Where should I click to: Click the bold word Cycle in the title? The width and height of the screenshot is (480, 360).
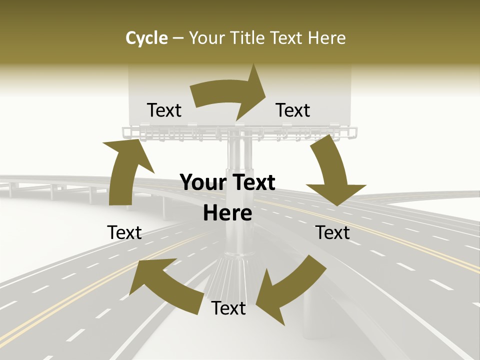click(x=146, y=38)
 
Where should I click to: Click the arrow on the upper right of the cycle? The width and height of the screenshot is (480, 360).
click(x=332, y=170)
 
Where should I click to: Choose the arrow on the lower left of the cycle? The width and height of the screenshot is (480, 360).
click(x=165, y=285)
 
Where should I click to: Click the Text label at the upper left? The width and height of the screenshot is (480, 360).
click(x=164, y=110)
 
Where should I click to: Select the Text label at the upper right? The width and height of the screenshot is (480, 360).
click(x=293, y=110)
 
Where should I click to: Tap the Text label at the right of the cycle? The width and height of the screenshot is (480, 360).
click(x=332, y=232)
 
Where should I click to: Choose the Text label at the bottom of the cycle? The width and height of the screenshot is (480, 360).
click(x=228, y=308)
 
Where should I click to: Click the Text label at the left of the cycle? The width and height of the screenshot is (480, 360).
click(x=124, y=232)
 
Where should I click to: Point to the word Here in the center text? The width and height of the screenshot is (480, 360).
click(x=227, y=213)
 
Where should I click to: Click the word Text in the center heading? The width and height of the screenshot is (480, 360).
click(x=253, y=183)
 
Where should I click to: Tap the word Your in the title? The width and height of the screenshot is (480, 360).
click(x=205, y=38)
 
